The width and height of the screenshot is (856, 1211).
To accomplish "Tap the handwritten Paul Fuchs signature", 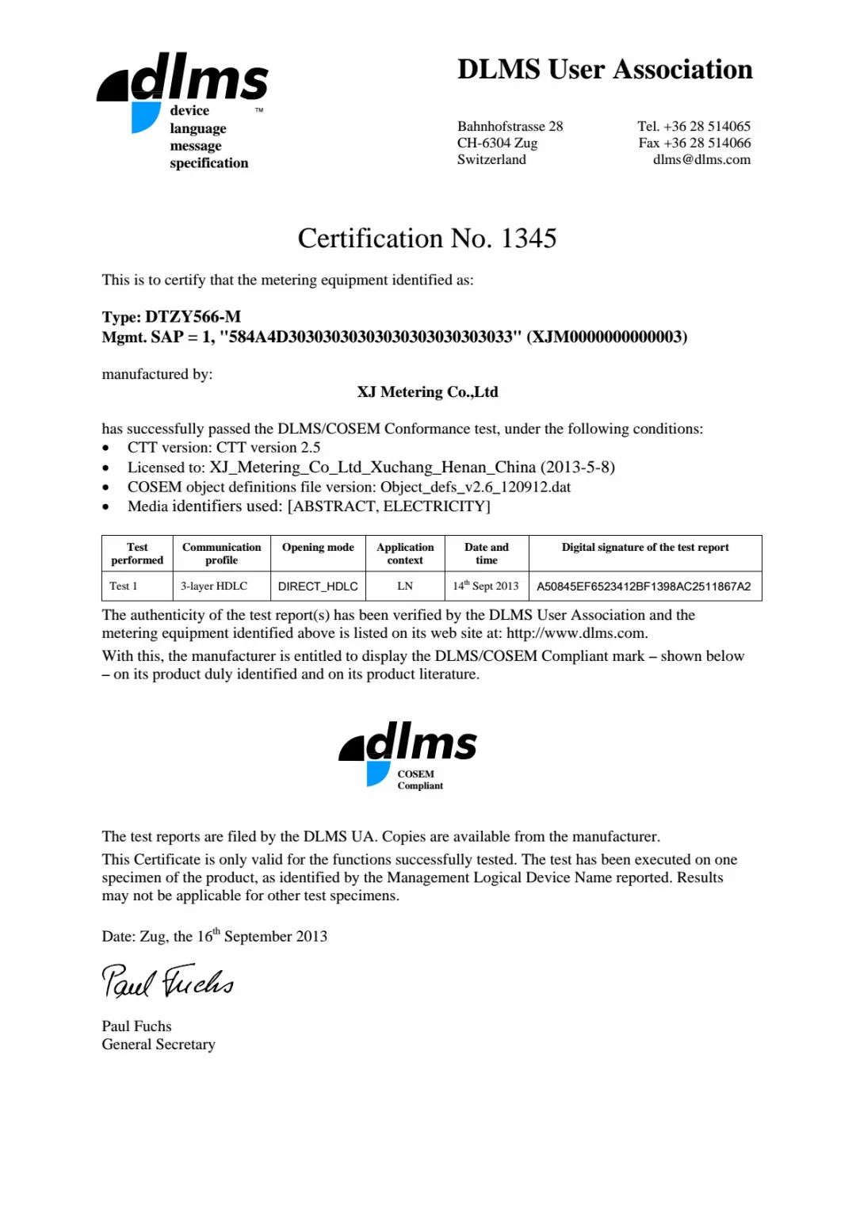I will pyautogui.click(x=167, y=981).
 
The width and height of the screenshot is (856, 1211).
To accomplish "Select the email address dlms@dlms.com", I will pyautogui.click(x=701, y=159).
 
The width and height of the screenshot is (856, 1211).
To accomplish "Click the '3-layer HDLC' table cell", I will pyautogui.click(x=214, y=586).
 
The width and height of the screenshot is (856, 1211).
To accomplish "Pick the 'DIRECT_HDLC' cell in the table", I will pyautogui.click(x=318, y=586).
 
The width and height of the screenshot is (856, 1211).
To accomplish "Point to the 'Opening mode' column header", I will pyautogui.click(x=318, y=548).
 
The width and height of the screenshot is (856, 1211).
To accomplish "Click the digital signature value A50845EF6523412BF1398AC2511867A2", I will pyautogui.click(x=644, y=586).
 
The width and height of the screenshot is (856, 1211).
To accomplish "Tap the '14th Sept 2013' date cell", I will pyautogui.click(x=486, y=586).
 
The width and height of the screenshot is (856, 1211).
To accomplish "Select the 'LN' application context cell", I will pyautogui.click(x=405, y=586).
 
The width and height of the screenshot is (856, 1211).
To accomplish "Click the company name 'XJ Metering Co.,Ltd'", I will pyautogui.click(x=427, y=392).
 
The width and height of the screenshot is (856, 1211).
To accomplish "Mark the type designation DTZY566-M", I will pyautogui.click(x=193, y=317).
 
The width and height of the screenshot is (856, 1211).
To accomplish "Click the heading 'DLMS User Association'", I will pyautogui.click(x=605, y=70).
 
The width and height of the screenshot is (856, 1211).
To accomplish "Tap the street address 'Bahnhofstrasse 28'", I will pyautogui.click(x=510, y=126).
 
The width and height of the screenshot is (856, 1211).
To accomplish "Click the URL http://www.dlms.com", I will pyautogui.click(x=576, y=633).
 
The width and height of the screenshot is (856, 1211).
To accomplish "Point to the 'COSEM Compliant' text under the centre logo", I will pyautogui.click(x=420, y=780).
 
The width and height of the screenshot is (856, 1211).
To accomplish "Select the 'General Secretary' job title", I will pyautogui.click(x=159, y=1045).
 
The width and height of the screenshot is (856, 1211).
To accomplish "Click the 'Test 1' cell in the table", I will pyautogui.click(x=124, y=586).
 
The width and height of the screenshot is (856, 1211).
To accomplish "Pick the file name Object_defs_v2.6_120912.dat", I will pyautogui.click(x=476, y=487).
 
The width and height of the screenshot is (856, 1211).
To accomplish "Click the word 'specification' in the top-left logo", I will pyautogui.click(x=209, y=163).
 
